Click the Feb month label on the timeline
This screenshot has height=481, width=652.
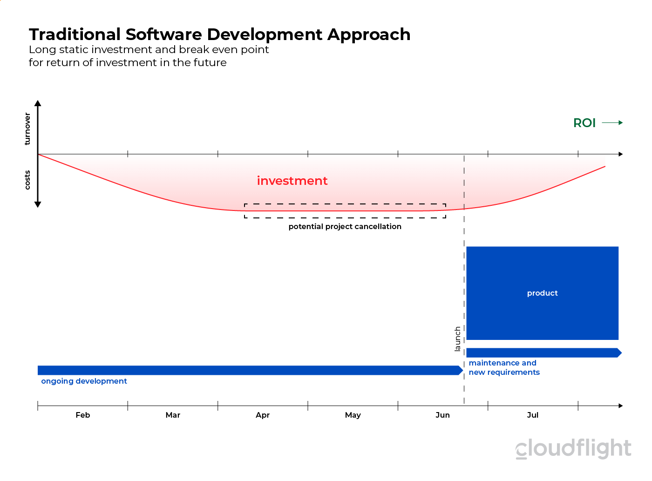(83, 415)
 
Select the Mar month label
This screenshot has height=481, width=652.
(173, 415)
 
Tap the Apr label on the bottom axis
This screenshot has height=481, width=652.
(263, 415)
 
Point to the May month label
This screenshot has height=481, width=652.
(353, 415)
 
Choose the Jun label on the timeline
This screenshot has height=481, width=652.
(442, 415)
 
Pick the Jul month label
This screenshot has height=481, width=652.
(533, 415)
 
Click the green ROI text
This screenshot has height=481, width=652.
(584, 123)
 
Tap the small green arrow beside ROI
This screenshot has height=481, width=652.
(612, 123)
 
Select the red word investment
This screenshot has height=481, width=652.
(292, 181)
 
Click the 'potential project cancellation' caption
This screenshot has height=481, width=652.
(345, 227)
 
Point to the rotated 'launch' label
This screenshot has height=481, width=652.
(457, 339)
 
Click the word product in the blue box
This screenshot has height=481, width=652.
(542, 293)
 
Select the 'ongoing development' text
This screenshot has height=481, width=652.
(84, 381)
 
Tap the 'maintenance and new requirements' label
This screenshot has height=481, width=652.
(504, 367)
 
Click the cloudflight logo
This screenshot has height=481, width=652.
(573, 448)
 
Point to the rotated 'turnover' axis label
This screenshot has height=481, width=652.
(27, 129)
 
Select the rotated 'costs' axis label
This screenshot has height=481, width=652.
(27, 180)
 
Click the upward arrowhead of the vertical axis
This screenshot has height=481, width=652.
(38, 103)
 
